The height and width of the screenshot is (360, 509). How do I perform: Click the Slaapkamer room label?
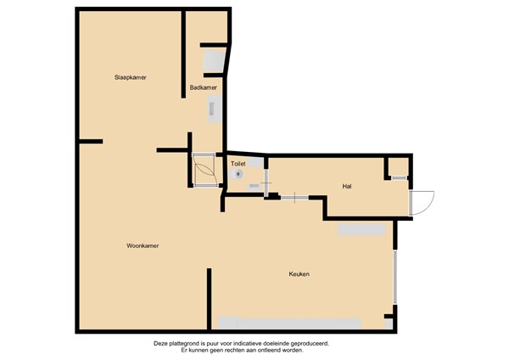(131, 77)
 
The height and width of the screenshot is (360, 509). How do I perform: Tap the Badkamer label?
(204, 87)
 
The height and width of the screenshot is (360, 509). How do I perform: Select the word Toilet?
(238, 163)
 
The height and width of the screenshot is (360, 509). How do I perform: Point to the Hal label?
(346, 186)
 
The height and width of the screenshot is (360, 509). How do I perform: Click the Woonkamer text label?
(143, 245)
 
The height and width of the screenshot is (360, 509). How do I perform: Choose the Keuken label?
(299, 274)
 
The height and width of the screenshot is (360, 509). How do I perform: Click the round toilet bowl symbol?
(239, 173)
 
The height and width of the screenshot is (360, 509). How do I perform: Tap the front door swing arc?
(422, 201)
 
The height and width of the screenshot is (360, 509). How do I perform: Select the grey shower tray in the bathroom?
(214, 62)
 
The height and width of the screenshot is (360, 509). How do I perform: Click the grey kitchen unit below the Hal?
(362, 230)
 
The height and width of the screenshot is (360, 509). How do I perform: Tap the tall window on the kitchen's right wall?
(394, 276)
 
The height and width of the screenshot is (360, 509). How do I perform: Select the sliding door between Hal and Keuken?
(294, 198)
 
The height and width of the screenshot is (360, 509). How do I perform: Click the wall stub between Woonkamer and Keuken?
(209, 297)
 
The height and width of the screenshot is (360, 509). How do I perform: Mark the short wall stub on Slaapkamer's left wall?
(90, 141)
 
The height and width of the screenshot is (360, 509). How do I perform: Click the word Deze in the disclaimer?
(161, 344)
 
